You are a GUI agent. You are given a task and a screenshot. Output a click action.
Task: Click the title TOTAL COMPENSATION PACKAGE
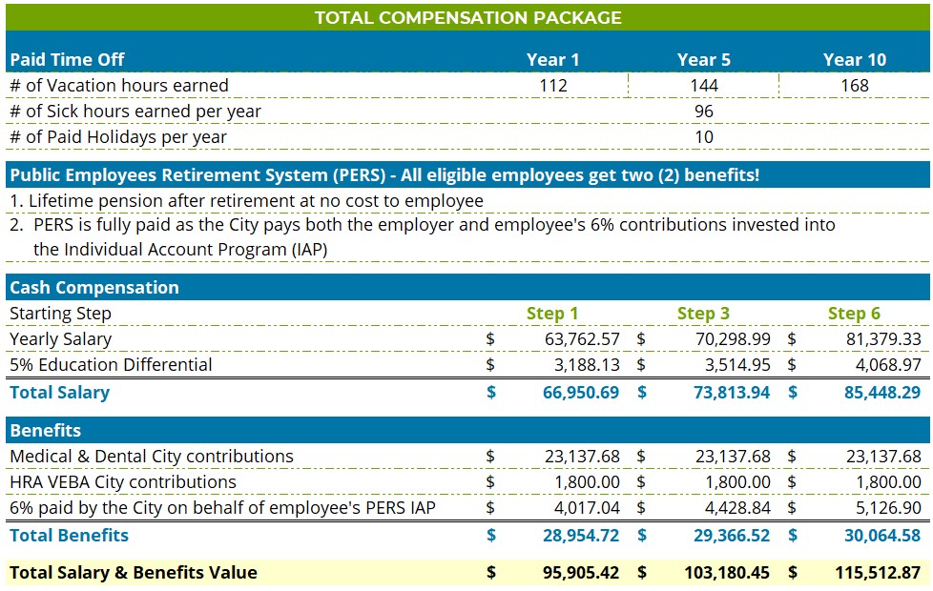tap(467, 17)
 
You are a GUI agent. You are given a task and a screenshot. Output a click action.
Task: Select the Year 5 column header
tap(704, 59)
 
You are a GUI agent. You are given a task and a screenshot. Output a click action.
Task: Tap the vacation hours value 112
tap(553, 86)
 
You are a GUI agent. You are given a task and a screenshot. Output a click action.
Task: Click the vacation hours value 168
tap(855, 86)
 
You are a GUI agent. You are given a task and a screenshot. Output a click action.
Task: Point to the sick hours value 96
tap(704, 112)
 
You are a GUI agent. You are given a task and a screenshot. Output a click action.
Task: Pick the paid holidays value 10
tap(704, 137)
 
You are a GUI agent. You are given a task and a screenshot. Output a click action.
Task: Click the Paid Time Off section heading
tap(68, 59)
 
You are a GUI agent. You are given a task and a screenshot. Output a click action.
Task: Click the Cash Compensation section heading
tap(94, 287)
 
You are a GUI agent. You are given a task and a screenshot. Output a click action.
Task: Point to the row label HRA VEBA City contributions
tap(123, 482)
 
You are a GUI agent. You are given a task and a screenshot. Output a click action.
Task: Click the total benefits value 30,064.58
tap(882, 536)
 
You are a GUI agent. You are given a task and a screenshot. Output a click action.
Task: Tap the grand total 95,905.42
tap(581, 573)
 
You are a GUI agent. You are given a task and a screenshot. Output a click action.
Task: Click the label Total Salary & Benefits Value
tap(134, 573)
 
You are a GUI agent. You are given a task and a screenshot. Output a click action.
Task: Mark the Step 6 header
tap(854, 314)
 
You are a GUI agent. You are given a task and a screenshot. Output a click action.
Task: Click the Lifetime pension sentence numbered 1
tap(246, 201)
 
